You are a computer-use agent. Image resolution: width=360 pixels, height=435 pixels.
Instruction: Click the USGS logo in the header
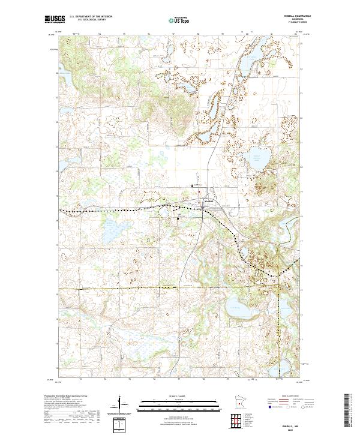55,19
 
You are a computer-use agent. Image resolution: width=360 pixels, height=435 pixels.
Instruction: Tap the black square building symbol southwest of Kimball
178,219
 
